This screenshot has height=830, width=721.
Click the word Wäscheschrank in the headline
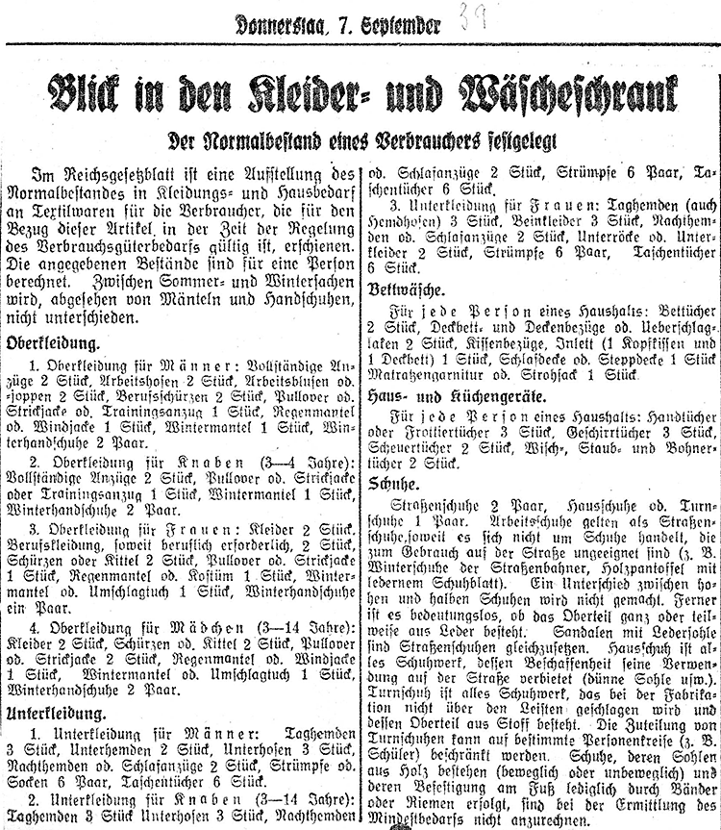pyautogui.click(x=572, y=93)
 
